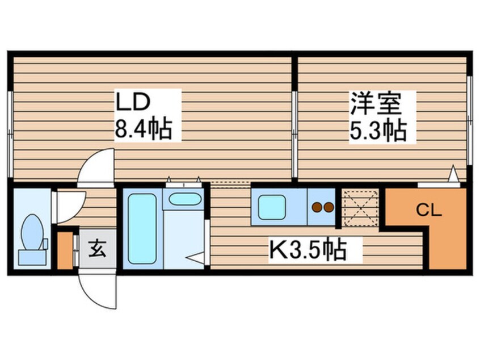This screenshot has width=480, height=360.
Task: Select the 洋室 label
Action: click(375, 103)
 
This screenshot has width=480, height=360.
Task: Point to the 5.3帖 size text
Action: click(378, 132)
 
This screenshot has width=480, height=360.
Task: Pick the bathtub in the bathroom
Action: click(141, 228)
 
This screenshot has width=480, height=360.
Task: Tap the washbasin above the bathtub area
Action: click(184, 199)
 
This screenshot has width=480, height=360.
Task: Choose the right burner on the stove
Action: click(329, 207)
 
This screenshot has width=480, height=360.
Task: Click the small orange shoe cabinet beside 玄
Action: click(65, 248)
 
